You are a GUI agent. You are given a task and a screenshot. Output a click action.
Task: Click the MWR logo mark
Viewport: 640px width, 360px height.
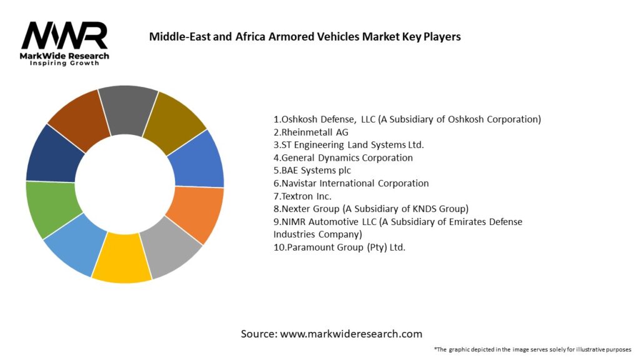64,36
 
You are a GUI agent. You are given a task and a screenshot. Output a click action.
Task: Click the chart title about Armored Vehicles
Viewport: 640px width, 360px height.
304,37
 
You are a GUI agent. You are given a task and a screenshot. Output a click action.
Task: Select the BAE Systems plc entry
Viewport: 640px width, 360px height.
312,171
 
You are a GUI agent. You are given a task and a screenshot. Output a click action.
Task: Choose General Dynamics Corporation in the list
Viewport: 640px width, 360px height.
343,157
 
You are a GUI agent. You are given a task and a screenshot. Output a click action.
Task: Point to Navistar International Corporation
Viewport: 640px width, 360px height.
351,183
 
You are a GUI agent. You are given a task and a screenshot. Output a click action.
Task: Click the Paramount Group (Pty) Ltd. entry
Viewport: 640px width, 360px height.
339,247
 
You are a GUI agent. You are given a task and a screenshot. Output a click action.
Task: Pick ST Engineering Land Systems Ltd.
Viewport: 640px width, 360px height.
348,145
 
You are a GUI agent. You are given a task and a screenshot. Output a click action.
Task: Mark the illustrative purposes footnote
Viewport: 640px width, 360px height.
532,349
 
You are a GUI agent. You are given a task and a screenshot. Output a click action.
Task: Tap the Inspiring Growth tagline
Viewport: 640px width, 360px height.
64,63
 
